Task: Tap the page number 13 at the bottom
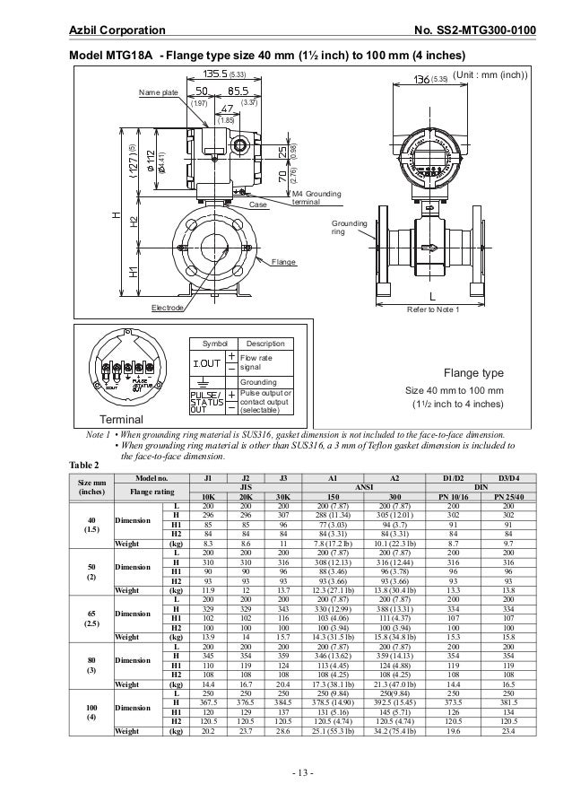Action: coord(286,773)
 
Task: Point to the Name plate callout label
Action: coord(158,92)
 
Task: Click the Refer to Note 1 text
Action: coord(433,310)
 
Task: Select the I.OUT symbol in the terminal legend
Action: coord(206,362)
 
